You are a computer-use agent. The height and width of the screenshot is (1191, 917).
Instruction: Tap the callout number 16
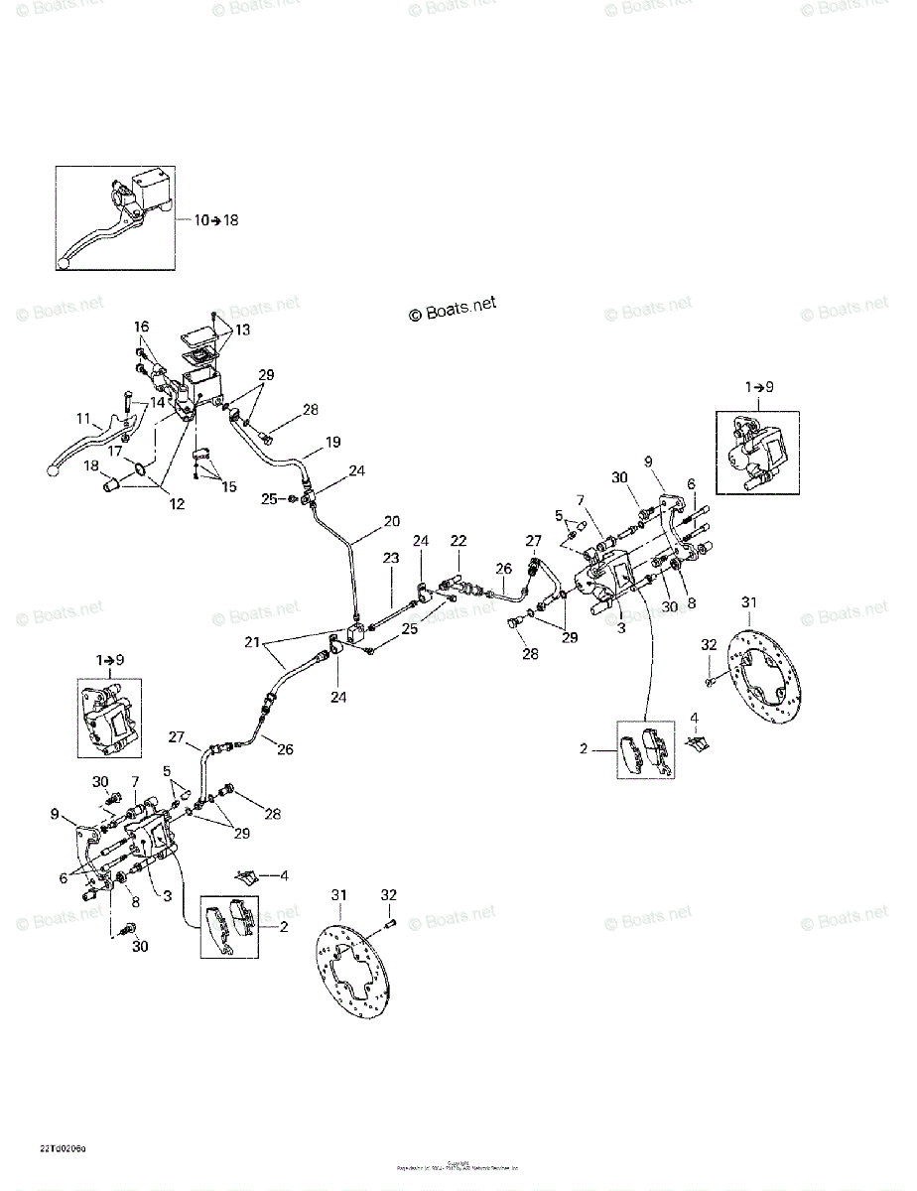tap(141, 327)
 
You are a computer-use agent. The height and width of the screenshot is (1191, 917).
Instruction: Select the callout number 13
tap(242, 330)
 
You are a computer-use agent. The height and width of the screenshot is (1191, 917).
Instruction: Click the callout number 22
tap(458, 540)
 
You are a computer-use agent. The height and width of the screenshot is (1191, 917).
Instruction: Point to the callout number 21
tap(255, 643)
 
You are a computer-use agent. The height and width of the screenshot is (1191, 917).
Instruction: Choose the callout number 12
tap(178, 503)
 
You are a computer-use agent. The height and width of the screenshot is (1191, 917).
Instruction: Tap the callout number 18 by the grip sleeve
tap(90, 465)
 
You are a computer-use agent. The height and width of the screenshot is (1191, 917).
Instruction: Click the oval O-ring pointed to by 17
tap(141, 469)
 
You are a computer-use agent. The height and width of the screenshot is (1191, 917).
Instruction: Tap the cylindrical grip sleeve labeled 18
tap(117, 487)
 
